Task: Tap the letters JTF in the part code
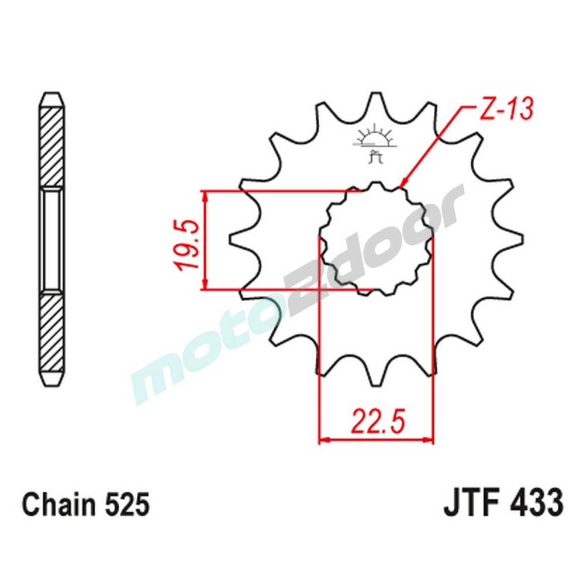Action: click(x=467, y=504)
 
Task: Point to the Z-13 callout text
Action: click(x=505, y=110)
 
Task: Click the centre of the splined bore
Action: click(x=376, y=239)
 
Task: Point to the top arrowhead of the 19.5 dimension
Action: click(x=204, y=195)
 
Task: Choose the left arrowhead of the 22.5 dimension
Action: click(x=323, y=439)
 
